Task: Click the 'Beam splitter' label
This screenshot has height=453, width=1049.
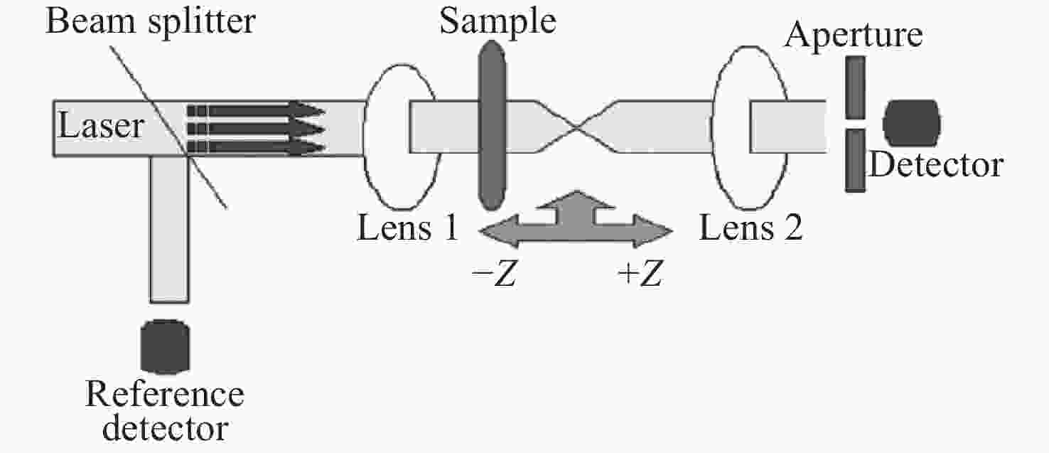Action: [x=151, y=22]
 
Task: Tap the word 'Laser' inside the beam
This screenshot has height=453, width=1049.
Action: [x=100, y=126]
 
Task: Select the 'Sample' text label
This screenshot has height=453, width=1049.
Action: [x=497, y=22]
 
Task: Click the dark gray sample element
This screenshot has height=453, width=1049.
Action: [x=493, y=125]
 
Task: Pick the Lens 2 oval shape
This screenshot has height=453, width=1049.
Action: [x=712, y=127]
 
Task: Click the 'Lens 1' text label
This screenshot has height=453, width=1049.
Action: [x=407, y=228]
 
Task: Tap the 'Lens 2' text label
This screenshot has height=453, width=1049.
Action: [x=751, y=228]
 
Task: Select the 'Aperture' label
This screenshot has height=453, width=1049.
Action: [x=854, y=35]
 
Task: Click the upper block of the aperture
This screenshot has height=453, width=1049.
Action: [x=855, y=88]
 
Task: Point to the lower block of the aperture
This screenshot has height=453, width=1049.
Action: [x=855, y=161]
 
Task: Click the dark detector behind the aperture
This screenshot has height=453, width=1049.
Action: [x=912, y=124]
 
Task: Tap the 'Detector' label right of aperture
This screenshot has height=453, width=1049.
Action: [x=936, y=166]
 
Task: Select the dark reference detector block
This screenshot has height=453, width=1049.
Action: [x=165, y=346]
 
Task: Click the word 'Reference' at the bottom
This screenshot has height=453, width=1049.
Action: [x=164, y=394]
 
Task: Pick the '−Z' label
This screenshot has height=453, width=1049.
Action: [x=494, y=273]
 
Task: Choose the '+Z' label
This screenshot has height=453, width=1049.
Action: [x=640, y=273]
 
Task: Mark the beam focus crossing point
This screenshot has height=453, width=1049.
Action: [x=576, y=127]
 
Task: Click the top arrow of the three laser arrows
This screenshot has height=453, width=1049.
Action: [x=256, y=110]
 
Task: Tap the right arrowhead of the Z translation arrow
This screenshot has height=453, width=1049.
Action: [x=654, y=231]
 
